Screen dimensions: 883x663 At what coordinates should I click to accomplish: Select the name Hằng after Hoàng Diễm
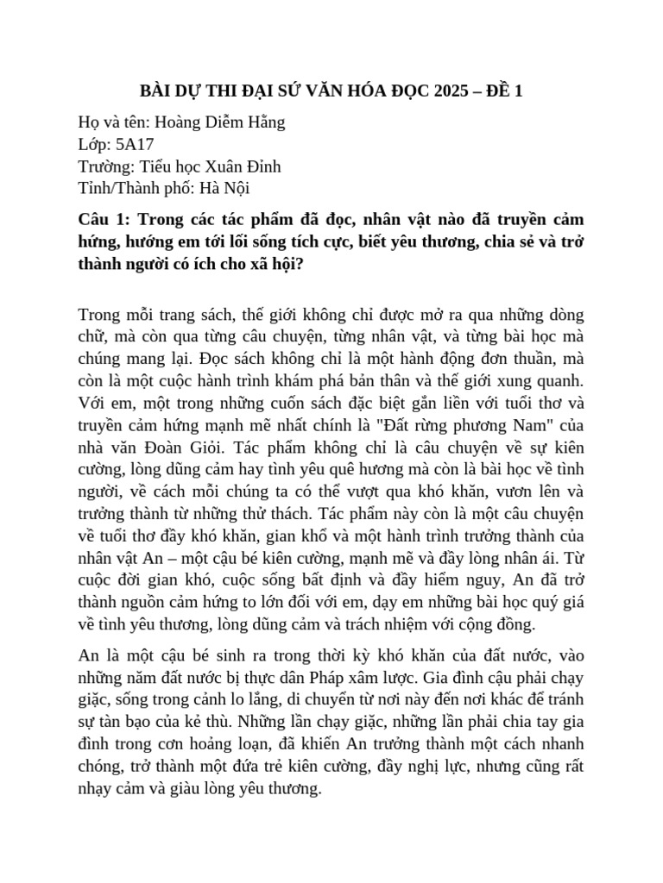coord(264,122)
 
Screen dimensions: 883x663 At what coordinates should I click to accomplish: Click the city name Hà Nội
coord(227,187)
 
